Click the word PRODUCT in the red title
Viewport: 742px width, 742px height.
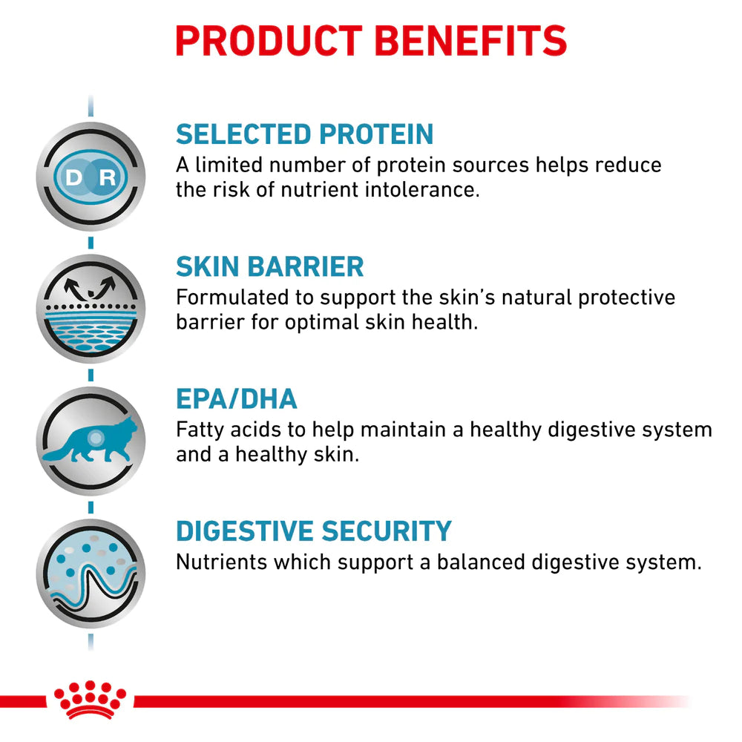(269, 41)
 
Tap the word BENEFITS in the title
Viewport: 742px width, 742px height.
(471, 41)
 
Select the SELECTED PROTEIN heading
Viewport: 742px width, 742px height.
(305, 134)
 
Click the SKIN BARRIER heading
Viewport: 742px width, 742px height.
(270, 266)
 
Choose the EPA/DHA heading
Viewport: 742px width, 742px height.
(237, 399)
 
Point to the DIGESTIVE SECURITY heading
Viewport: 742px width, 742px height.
(314, 531)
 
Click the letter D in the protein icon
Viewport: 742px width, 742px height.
(74, 178)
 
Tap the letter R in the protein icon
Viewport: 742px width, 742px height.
(108, 178)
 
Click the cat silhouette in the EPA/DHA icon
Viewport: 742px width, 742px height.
(90, 440)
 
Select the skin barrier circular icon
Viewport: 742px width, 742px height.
(91, 309)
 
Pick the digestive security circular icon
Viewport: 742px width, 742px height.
(91, 574)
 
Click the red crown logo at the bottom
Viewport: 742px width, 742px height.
(90, 700)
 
